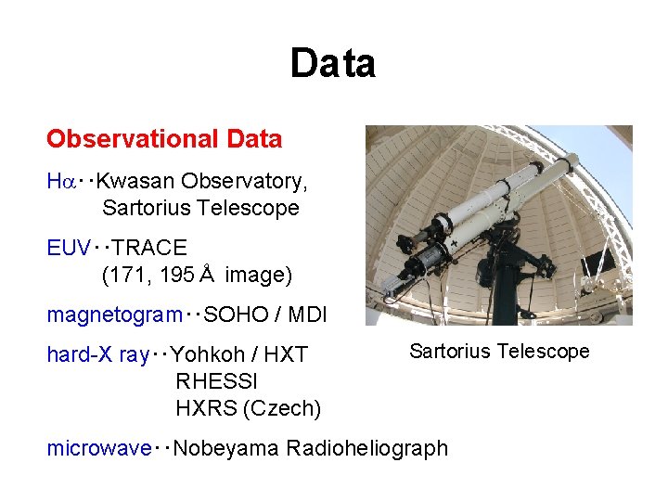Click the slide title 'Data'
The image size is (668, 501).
(332, 64)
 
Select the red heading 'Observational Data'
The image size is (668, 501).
(164, 139)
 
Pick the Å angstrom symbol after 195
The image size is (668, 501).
(206, 275)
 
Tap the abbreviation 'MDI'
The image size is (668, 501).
(307, 315)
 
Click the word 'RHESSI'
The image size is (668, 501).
(216, 381)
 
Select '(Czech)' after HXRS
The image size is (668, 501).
(286, 408)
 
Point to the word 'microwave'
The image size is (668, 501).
(98, 448)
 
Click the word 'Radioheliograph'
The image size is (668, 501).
(367, 448)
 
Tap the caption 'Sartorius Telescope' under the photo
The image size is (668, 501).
(499, 351)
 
